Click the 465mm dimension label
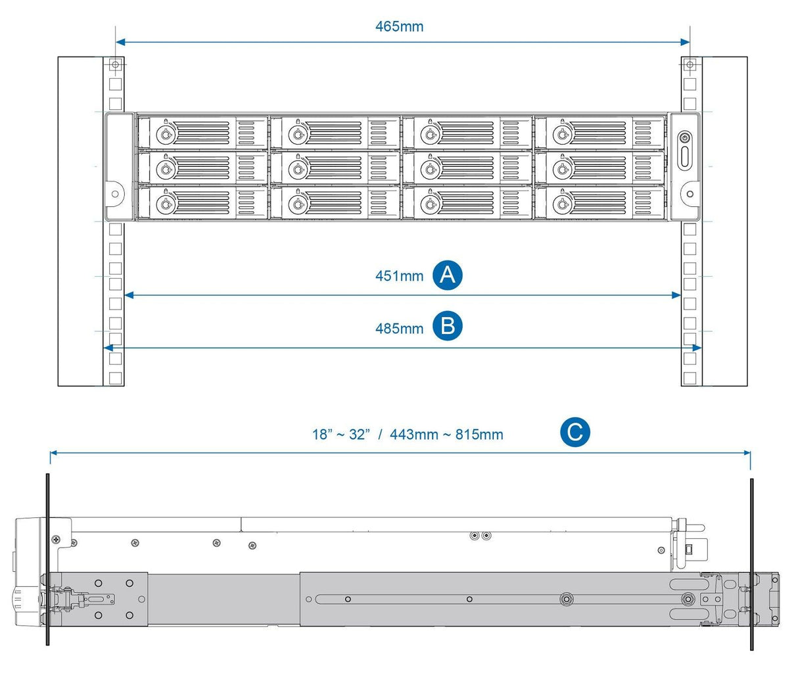pos(399,26)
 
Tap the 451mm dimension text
pos(399,275)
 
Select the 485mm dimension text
pos(399,327)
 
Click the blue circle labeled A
pos(448,275)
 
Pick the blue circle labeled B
pos(448,327)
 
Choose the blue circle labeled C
pos(575,432)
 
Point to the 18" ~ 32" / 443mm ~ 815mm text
pos(408,434)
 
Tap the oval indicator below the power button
pos(685,159)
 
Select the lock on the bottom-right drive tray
pos(561,204)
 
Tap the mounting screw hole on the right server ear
pos(690,194)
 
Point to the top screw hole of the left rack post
pos(116,65)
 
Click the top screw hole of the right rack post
pos(690,65)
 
